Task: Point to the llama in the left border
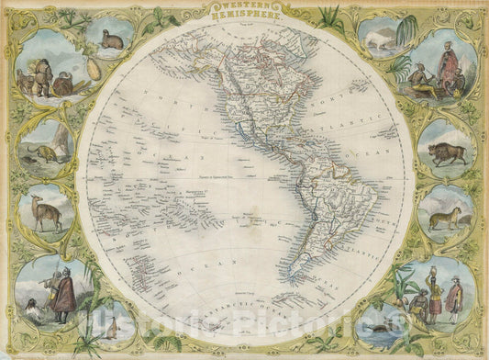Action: coord(45,214)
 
